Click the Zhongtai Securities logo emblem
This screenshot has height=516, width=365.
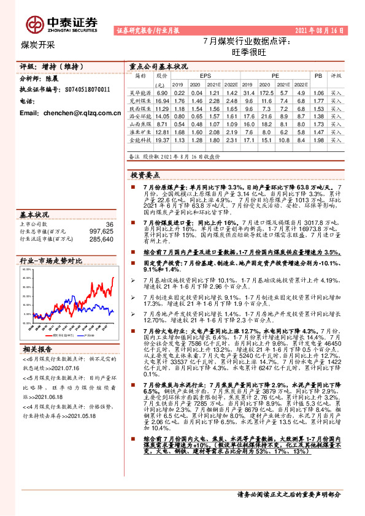point(34,24)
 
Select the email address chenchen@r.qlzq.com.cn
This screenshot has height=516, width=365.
point(70,113)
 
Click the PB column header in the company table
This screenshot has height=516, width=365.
point(318,75)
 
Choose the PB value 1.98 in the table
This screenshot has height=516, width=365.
point(318,140)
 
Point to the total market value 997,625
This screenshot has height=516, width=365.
point(101,232)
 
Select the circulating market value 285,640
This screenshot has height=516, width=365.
point(101,239)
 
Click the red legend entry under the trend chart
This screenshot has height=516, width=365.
point(64,335)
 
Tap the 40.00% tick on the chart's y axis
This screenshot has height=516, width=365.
point(26,278)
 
